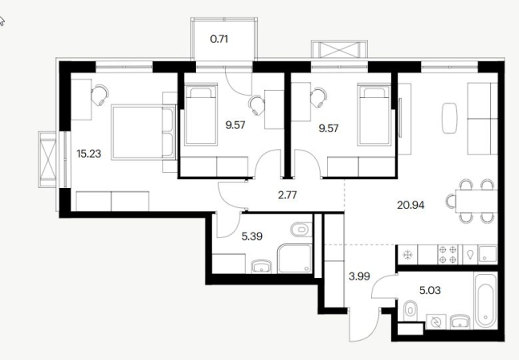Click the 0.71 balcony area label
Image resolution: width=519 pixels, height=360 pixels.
[x=219, y=39]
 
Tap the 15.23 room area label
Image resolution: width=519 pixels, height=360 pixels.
[x=88, y=154]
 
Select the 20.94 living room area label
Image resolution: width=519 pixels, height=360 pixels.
[x=411, y=205]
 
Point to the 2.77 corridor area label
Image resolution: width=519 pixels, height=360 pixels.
[x=287, y=195]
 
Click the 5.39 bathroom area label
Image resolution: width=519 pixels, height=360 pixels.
[x=252, y=237]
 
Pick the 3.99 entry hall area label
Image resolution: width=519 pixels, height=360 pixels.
[x=360, y=276]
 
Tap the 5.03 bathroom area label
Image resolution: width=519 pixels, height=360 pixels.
[x=430, y=291]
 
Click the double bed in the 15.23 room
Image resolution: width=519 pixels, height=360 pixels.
[x=143, y=132]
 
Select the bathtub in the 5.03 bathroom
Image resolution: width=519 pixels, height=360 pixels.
[x=486, y=301]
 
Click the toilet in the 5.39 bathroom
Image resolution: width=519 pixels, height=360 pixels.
[x=301, y=229]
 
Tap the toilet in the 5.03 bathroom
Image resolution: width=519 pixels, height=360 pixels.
[x=410, y=310]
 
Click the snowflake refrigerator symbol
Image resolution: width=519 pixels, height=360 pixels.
[x=408, y=255]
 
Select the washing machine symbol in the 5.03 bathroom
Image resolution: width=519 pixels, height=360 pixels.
[x=436, y=322]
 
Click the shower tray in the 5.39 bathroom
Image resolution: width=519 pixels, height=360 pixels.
[x=295, y=259]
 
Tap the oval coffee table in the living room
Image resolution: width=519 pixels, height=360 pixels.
[x=450, y=118]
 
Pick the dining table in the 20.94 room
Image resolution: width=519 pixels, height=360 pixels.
[x=476, y=201]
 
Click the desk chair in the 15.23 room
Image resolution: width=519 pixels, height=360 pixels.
[x=100, y=95]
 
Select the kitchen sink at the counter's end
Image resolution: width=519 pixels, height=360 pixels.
[x=487, y=254]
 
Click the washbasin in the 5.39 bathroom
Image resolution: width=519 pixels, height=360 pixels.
[x=261, y=267]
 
